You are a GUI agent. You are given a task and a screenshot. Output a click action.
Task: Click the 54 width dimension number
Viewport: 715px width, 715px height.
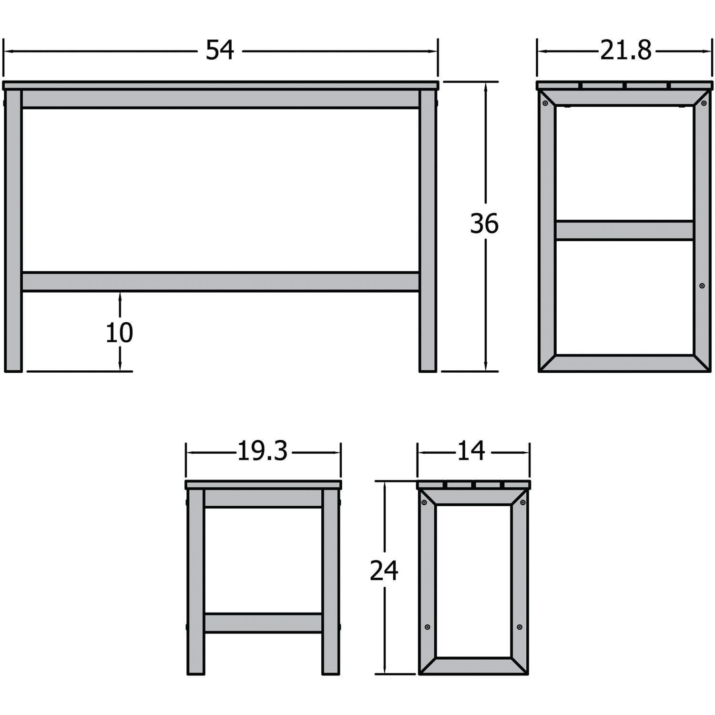click(x=220, y=51)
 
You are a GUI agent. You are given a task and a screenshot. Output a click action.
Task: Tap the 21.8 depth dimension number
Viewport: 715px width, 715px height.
click(x=625, y=51)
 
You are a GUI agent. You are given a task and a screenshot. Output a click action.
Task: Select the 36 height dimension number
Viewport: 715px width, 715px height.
click(x=484, y=224)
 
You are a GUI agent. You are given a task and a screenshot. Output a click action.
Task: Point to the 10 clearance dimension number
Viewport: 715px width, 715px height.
click(x=119, y=333)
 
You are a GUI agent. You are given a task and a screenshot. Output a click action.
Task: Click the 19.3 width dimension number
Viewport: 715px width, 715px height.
click(x=262, y=451)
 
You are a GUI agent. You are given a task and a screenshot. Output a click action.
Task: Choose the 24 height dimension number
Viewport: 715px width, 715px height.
click(x=384, y=571)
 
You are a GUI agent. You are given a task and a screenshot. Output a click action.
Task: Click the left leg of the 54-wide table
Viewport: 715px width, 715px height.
click(x=13, y=229)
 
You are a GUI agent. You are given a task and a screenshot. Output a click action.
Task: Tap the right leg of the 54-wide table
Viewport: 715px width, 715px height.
click(x=428, y=229)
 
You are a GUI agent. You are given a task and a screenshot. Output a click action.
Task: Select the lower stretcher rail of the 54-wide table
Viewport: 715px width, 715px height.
click(x=220, y=282)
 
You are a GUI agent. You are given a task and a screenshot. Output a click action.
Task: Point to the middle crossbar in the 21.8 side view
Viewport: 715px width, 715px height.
click(x=624, y=230)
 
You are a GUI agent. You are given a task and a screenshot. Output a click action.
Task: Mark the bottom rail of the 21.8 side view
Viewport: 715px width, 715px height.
click(x=624, y=363)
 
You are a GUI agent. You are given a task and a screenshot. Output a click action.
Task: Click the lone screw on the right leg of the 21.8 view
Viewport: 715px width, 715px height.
click(x=702, y=286)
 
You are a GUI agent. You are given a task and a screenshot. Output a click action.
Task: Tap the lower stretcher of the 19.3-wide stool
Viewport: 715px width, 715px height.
click(x=263, y=623)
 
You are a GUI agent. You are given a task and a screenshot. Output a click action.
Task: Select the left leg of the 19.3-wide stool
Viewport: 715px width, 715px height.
click(x=196, y=582)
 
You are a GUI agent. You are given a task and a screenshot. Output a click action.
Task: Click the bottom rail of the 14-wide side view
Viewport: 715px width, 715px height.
click(x=473, y=665)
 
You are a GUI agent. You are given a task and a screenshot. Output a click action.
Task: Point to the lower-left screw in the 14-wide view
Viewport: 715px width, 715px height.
click(x=427, y=627)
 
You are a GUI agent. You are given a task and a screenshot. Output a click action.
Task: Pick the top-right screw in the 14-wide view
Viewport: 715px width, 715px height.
click(x=523, y=503)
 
